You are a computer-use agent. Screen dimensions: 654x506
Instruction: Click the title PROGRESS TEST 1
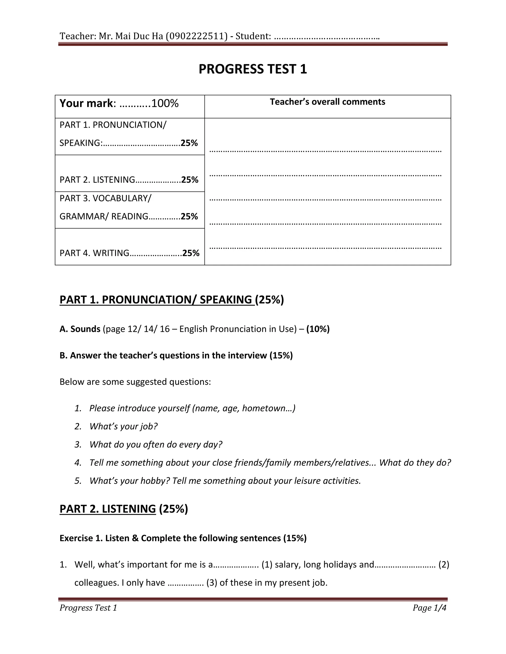tap(253, 69)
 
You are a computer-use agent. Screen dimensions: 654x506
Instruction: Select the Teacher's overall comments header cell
tap(327, 102)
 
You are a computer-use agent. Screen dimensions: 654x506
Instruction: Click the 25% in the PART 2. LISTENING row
tap(190, 180)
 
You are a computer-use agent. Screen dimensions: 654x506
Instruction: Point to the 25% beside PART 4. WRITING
tap(191, 253)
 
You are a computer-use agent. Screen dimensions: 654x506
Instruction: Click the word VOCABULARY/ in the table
tap(122, 198)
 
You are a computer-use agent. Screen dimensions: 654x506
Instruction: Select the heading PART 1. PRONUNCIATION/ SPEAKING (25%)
tap(171, 299)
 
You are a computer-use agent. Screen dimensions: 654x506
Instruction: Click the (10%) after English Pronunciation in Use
tap(318, 329)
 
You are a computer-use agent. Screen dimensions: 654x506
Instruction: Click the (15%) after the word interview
tap(281, 355)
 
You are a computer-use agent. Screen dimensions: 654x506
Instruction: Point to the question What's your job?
tap(124, 426)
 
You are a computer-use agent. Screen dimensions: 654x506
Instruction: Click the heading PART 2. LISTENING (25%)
tap(124, 509)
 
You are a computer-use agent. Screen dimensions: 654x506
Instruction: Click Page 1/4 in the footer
tap(429, 608)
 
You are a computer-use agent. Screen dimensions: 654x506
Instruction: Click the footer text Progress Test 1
tap(88, 608)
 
